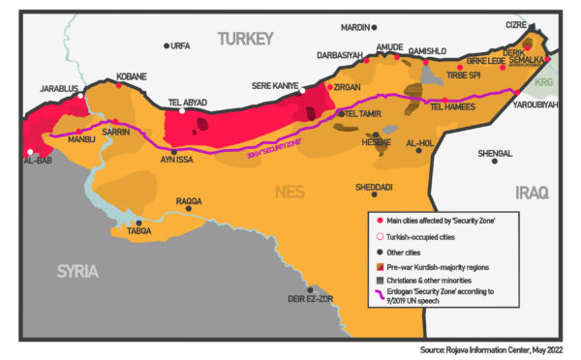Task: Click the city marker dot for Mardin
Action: pos(375,28)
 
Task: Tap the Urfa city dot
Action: pos(167,45)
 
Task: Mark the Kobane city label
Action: pos(131,75)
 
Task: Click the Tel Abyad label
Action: pos(189,101)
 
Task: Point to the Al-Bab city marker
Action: pos(31,152)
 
